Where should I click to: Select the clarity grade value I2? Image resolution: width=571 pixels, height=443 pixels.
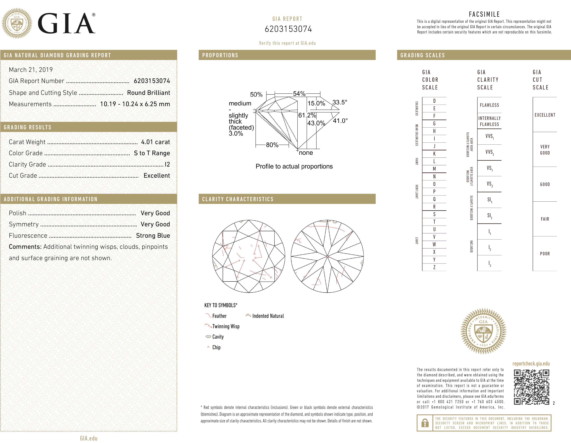[x=167, y=164]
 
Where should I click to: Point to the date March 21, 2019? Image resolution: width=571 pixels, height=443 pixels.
[x=31, y=70]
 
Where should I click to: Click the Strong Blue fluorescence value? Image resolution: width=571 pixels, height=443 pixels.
[x=153, y=236]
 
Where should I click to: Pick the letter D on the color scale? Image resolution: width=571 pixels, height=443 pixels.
[x=434, y=101]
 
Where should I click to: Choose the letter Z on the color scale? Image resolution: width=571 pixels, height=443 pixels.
[x=434, y=267]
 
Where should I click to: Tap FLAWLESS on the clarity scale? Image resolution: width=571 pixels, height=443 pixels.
[x=489, y=105]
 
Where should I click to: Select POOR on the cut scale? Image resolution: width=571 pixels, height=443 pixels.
[x=545, y=253]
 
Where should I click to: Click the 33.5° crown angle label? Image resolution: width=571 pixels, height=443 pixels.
[x=340, y=102]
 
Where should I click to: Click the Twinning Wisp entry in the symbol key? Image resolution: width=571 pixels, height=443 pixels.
[x=226, y=326]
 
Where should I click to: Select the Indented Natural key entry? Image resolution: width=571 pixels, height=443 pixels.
[x=268, y=316]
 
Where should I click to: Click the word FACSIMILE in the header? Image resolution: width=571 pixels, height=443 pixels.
[x=484, y=14]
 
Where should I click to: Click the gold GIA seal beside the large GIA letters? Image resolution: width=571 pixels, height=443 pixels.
[x=17, y=23]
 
